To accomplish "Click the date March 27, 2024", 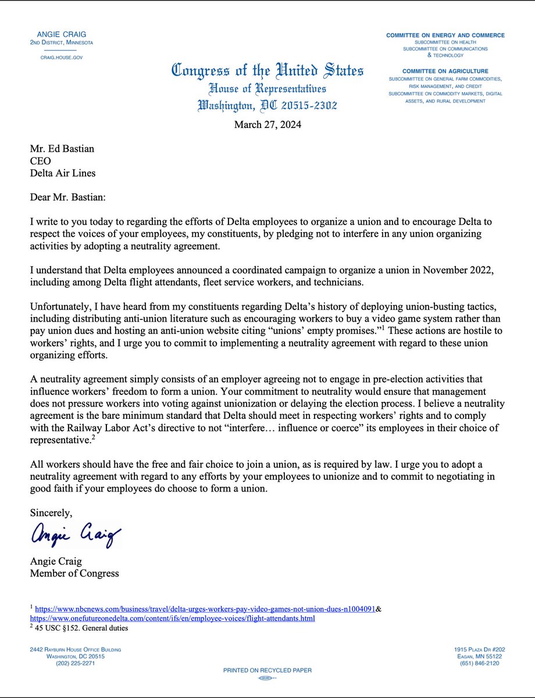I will click(267, 124).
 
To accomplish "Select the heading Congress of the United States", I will click(267, 72).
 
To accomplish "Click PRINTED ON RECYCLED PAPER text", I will click(267, 671).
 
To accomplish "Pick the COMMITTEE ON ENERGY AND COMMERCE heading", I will click(445, 35).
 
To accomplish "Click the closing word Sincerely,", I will click(51, 514).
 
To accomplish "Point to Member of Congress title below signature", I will click(74, 574).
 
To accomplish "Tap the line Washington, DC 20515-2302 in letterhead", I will click(267, 106).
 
